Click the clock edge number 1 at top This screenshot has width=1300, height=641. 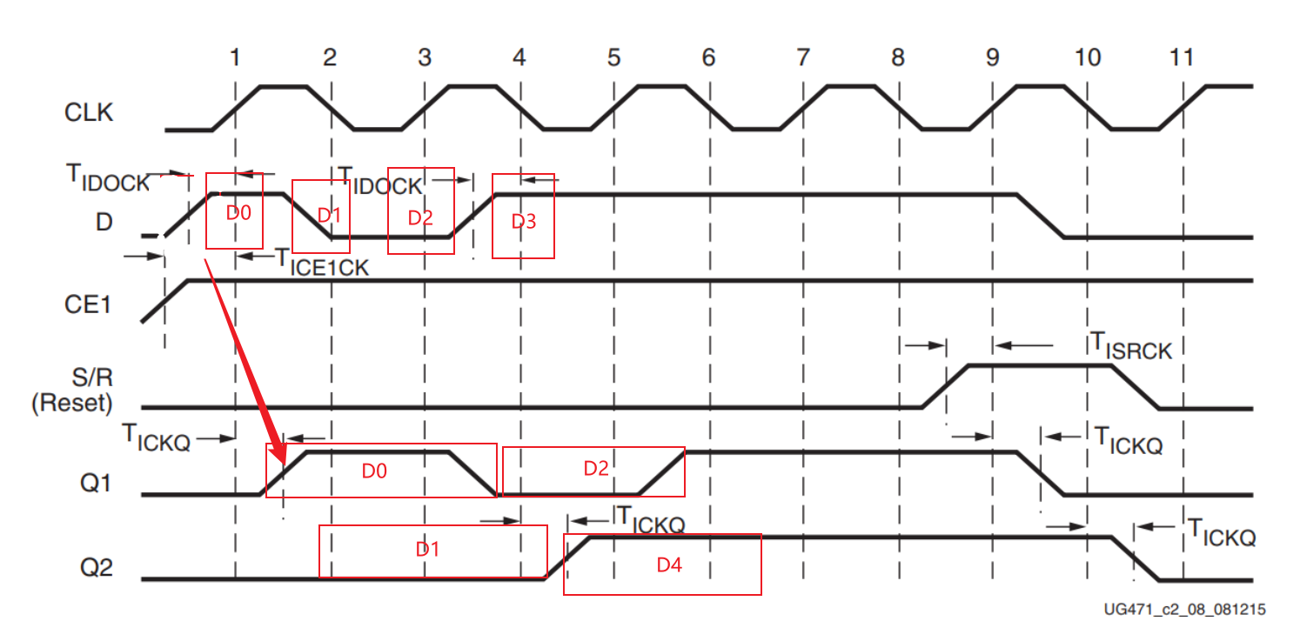235,58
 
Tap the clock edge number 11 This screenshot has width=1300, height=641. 1181,58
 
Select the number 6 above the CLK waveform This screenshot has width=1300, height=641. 708,58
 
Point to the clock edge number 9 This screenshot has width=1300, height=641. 993,58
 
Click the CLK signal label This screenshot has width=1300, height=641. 88,112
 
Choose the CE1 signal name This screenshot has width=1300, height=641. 89,305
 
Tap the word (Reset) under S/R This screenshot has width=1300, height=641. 72,404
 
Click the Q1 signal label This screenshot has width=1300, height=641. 96,482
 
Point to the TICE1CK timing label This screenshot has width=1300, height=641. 322,262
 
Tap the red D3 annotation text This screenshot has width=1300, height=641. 523,222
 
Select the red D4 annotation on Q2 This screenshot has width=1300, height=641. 668,565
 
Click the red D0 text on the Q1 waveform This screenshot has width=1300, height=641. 374,471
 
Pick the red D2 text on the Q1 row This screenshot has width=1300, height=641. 596,469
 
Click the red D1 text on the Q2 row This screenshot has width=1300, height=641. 426,550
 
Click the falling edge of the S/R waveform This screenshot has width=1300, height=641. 1135,386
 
